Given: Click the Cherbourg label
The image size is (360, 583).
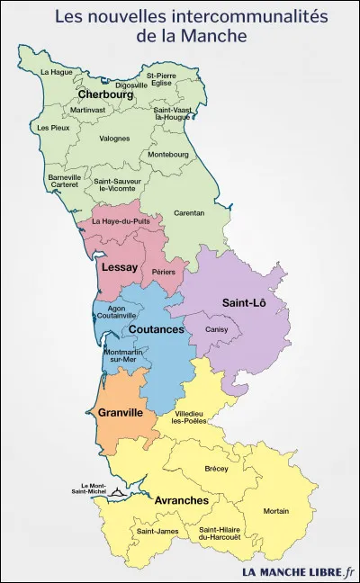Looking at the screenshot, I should click(x=105, y=94).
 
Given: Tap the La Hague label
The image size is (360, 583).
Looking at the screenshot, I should click(x=56, y=71).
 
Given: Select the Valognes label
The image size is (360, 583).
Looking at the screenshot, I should click(x=113, y=139).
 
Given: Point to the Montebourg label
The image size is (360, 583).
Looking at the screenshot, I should click(x=167, y=155).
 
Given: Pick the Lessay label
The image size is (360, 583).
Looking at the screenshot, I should click(x=120, y=267).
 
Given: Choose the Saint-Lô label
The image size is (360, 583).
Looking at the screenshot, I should click(x=244, y=303).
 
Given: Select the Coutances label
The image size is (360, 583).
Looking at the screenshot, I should click(x=156, y=329).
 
